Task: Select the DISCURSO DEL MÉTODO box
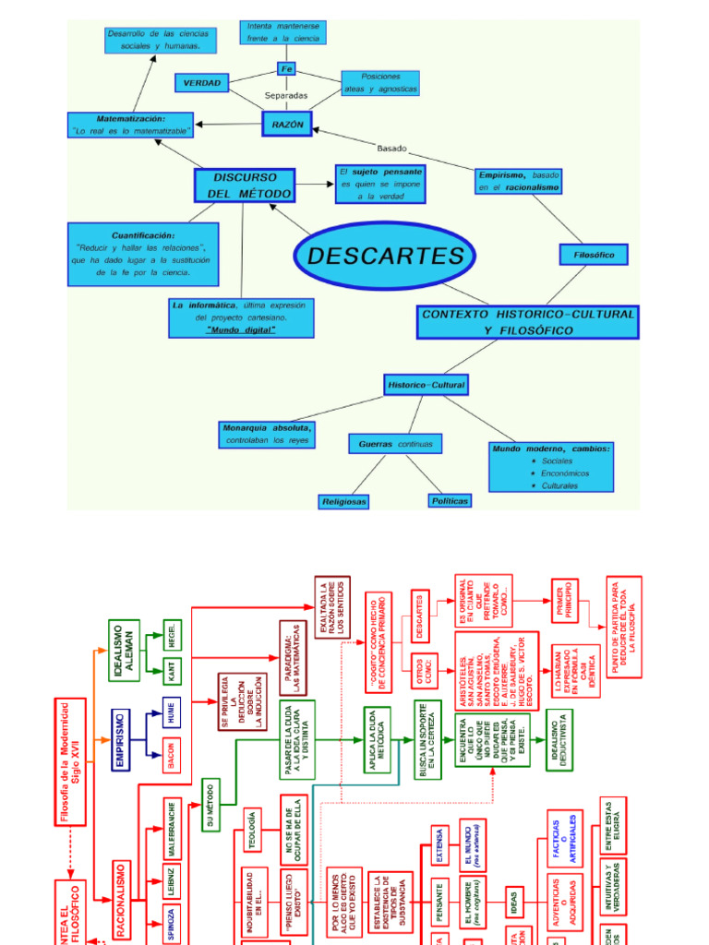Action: coord(245,185)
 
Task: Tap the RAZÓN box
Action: coord(287,125)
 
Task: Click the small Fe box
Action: coord(286,69)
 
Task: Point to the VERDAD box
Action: coord(201,83)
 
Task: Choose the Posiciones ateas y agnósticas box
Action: coord(380,83)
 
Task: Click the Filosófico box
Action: coord(594,254)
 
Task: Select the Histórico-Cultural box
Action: coord(426,384)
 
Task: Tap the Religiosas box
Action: coord(343,501)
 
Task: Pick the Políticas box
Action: coord(450,500)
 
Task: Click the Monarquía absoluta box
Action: coord(267,434)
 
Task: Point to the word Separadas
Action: coord(286,95)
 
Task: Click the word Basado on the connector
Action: coord(391,148)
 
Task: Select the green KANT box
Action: coord(172,671)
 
